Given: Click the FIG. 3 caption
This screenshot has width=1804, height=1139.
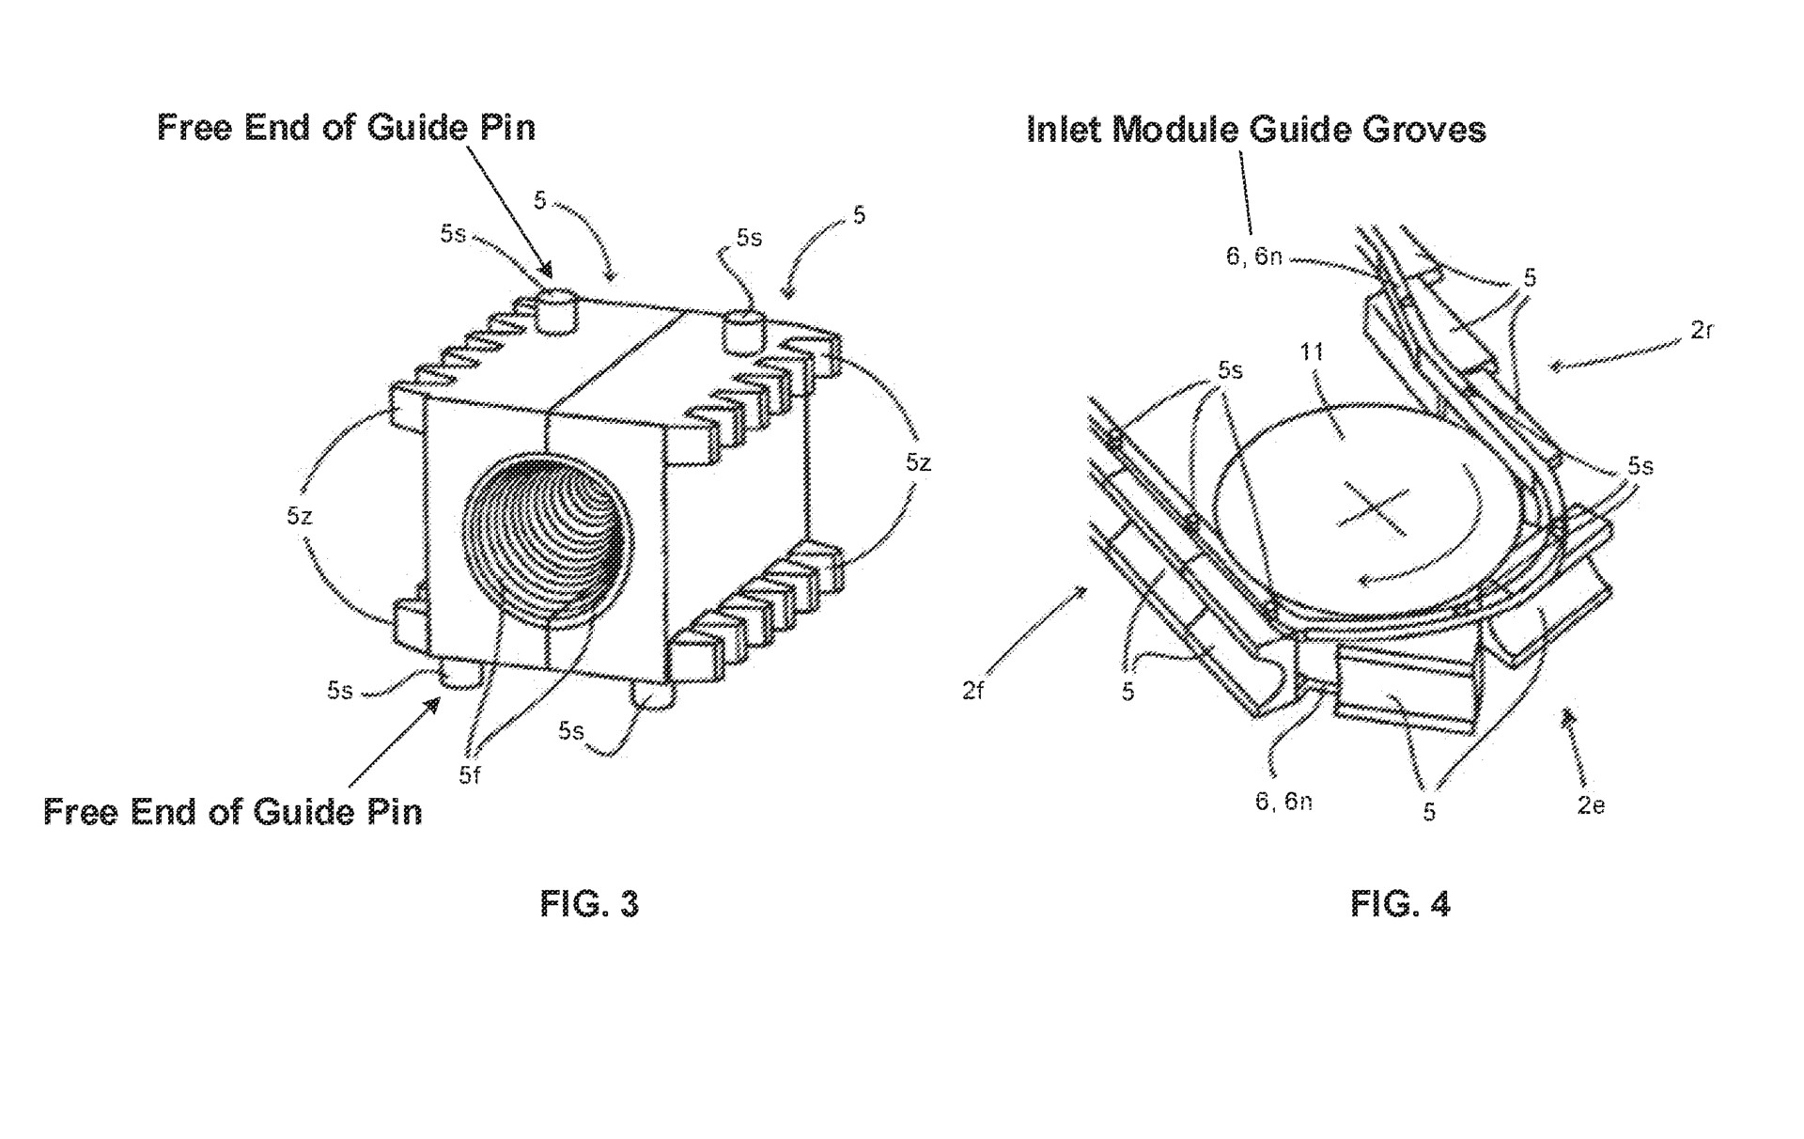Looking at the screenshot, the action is (x=589, y=904).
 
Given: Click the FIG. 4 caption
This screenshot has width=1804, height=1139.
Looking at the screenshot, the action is (x=1400, y=904).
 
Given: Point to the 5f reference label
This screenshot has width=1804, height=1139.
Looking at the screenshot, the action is (x=470, y=775).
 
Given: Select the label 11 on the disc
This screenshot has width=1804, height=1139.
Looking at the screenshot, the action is (x=1312, y=351).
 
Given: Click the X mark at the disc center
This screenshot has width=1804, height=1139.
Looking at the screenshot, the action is (x=1373, y=508).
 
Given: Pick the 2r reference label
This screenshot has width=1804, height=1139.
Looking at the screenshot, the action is (x=1701, y=330).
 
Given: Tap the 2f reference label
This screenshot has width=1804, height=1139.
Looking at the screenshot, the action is (x=972, y=692).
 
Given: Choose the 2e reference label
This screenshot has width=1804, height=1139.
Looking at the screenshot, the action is (x=1591, y=805).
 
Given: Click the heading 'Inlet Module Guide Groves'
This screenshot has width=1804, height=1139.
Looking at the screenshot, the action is (x=1256, y=129).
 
